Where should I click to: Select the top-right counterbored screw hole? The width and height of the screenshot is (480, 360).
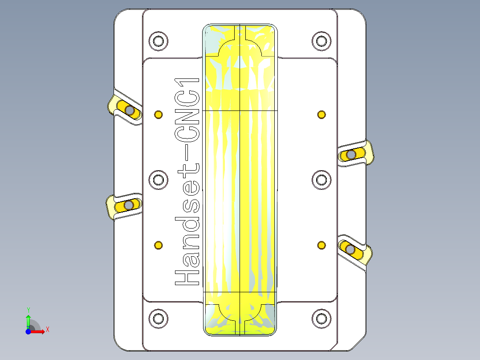coord(321,41)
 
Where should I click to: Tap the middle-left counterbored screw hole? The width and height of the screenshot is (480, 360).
coord(158,180)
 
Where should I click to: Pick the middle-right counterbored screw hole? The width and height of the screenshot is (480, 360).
coord(321,180)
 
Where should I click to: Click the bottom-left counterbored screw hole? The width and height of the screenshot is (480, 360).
coord(158,318)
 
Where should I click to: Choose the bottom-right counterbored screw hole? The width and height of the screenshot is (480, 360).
coord(321,318)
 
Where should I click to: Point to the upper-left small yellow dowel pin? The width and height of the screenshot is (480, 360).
coord(158,115)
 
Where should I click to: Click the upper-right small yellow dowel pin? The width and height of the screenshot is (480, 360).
coord(321,115)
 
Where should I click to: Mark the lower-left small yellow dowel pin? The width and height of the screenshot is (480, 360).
coord(158,245)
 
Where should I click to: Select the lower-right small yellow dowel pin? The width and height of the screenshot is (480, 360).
coord(321,245)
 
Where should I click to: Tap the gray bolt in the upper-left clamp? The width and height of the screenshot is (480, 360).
coord(129,110)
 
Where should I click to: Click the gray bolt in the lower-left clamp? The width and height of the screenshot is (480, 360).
coord(129,205)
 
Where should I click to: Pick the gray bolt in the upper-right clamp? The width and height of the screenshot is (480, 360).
coord(351,154)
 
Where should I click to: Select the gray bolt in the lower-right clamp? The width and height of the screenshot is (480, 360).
coord(350,249)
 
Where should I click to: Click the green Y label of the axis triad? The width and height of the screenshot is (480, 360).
coord(28,310)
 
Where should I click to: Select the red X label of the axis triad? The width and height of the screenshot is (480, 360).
coord(47,330)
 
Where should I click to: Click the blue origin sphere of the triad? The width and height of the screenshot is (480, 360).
coord(28,331)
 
